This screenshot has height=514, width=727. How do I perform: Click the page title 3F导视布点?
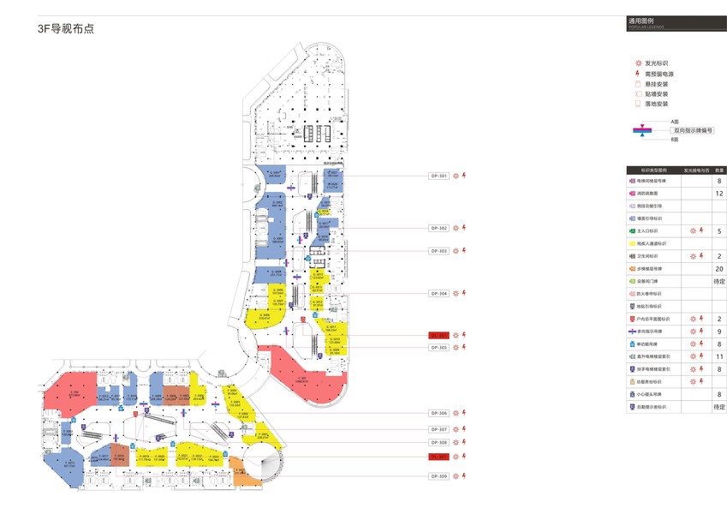(65, 28)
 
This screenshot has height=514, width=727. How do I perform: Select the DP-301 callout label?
(439, 176)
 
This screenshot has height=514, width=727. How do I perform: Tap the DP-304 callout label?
(439, 293)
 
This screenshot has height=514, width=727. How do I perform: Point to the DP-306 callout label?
(439, 412)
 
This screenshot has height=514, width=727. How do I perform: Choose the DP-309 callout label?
(439, 475)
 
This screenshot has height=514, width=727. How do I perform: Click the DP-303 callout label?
(439, 250)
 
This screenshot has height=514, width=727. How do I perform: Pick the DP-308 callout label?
(439, 442)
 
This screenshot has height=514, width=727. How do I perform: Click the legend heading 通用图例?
(641, 20)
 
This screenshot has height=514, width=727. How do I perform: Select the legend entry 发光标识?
(656, 63)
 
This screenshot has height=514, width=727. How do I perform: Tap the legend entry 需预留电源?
(658, 73)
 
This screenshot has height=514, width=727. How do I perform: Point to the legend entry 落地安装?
(657, 104)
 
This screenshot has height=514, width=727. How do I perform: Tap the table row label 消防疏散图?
(650, 194)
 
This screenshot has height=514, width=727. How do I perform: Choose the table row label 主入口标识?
(650, 231)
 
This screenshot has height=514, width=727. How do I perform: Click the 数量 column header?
(719, 170)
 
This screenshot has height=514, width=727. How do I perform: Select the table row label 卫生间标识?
(650, 256)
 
